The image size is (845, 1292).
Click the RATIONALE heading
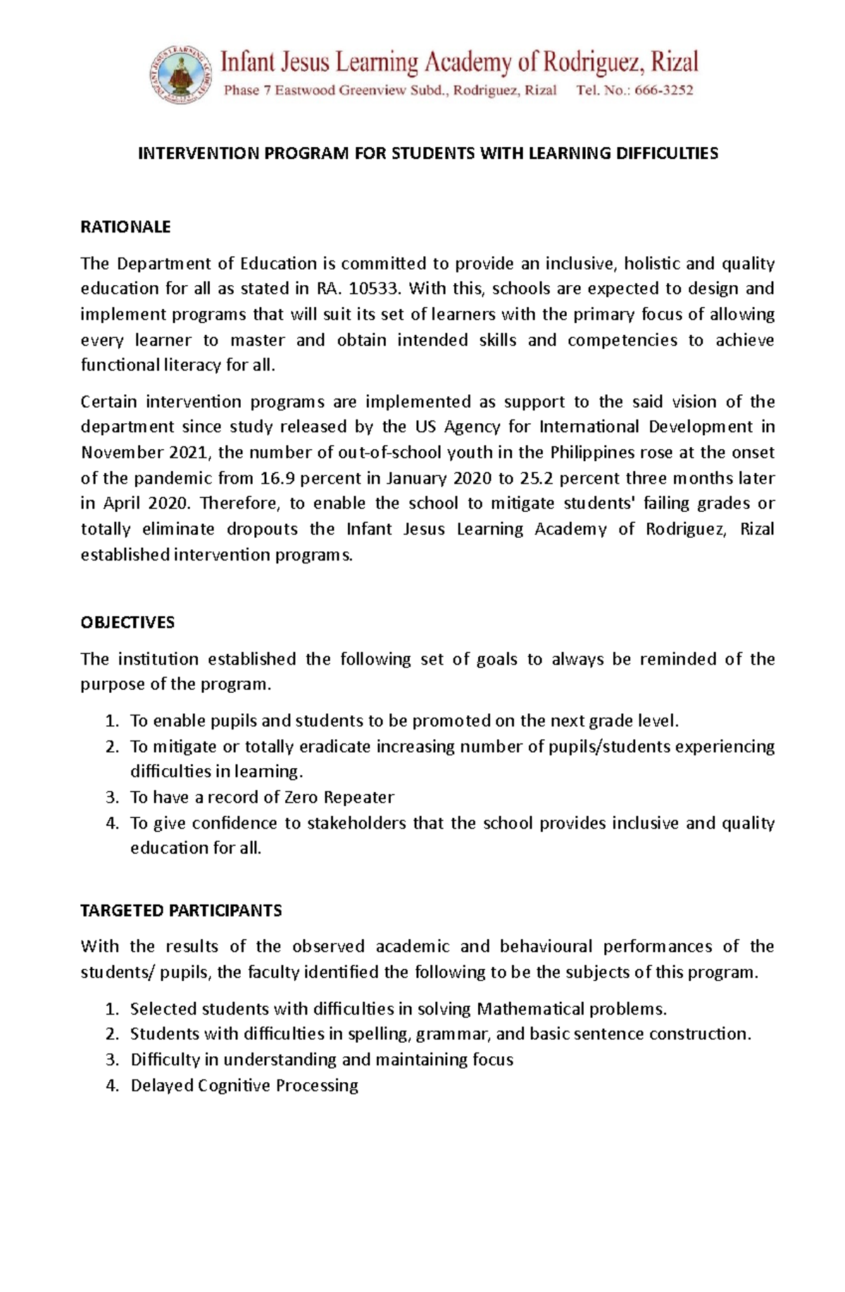coord(125,227)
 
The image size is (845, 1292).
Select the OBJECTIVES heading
coord(127,622)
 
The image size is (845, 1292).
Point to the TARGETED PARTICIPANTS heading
coord(181,910)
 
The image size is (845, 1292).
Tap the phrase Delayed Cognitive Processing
coord(244,1085)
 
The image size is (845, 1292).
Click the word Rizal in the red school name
coord(673,63)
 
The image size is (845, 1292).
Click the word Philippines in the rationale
coord(591,453)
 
